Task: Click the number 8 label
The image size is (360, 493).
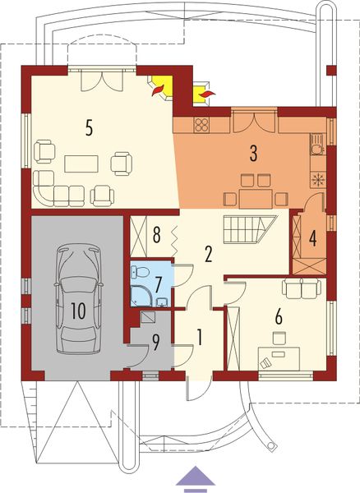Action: point(156,235)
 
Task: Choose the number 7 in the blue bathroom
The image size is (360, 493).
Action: point(159,284)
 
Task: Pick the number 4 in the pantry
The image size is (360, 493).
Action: point(313,237)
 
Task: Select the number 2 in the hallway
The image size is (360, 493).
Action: point(209,254)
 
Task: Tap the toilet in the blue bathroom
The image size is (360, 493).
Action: point(141,270)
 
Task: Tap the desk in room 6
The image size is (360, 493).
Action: point(279,357)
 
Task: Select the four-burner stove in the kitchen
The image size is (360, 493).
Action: point(202,125)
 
